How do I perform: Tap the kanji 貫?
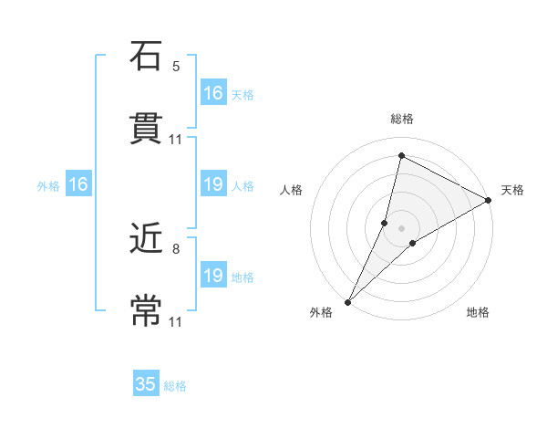146,128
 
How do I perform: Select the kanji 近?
146,238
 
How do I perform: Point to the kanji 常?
146,310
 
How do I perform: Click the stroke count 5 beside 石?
176,66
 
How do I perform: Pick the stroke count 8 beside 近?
176,247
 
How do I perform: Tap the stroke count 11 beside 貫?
176,140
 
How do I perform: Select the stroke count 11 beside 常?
176,322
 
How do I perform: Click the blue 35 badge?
146,384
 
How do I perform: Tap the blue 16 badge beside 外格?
78,185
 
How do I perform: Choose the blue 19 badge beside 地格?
213,276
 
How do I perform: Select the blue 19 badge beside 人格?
213,185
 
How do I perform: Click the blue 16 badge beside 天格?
213,93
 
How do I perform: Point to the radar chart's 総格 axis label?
402,120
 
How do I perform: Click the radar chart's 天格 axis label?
512,190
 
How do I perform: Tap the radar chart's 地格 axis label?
478,312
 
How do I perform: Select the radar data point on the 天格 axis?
489,200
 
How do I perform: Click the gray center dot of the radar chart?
402,227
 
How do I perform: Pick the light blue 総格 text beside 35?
175,386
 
